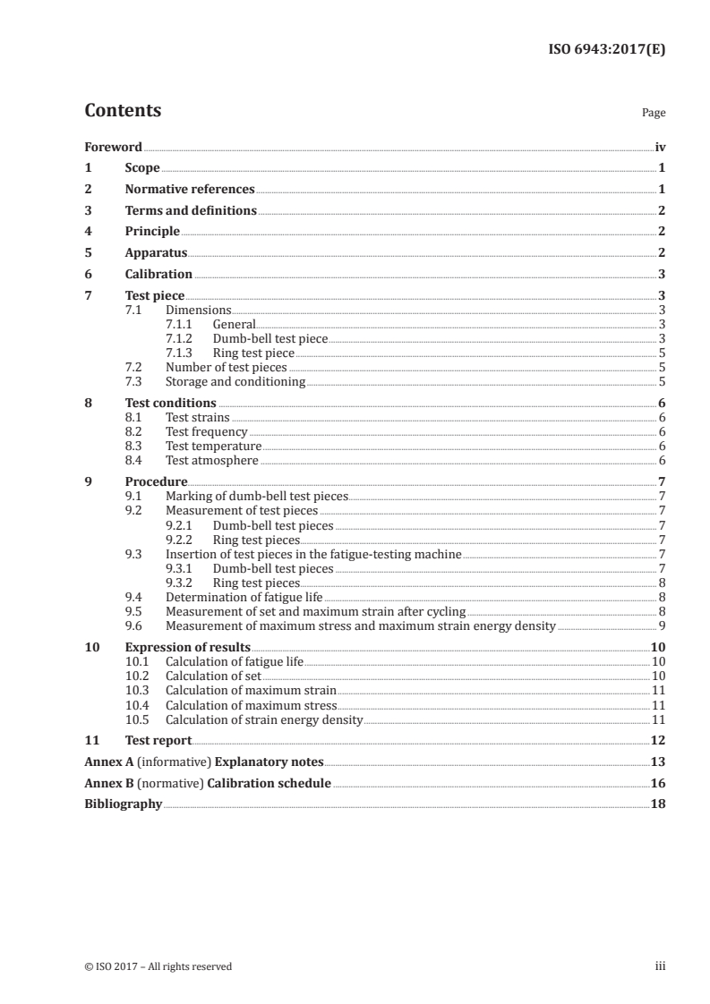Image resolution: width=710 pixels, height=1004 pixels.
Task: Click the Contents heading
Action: (x=123, y=111)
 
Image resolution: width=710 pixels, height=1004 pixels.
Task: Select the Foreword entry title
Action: (x=113, y=147)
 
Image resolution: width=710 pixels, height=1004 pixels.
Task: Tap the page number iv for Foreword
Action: (x=660, y=147)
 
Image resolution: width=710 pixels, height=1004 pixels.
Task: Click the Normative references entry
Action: (x=190, y=190)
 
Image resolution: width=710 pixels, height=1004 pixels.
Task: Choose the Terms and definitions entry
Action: (x=191, y=211)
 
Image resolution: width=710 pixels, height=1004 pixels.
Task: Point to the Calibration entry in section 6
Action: (x=158, y=275)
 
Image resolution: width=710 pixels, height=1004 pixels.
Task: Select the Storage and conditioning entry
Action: (x=235, y=382)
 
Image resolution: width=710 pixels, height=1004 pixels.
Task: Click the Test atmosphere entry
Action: (x=212, y=461)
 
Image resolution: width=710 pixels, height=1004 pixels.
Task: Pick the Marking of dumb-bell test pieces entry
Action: (x=257, y=496)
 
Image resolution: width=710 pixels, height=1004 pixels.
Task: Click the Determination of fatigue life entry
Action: (x=244, y=597)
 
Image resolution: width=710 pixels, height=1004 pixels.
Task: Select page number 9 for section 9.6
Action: (x=662, y=625)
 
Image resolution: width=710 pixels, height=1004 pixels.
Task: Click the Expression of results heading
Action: (x=188, y=647)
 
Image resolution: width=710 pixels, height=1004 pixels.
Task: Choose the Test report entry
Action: (x=158, y=740)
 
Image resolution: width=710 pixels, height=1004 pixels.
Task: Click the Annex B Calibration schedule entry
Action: (x=208, y=783)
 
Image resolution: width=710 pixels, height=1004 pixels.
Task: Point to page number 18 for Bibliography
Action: (x=658, y=804)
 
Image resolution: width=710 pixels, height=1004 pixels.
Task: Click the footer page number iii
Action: (x=660, y=966)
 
